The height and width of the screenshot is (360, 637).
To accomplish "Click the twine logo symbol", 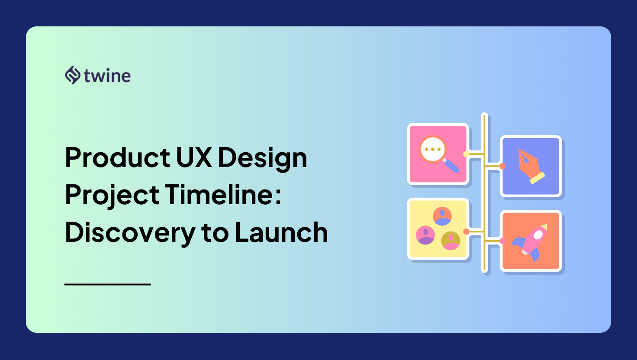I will (73, 75).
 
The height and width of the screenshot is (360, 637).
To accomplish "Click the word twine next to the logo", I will (107, 76).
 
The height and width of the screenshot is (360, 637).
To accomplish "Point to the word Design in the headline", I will (262, 158).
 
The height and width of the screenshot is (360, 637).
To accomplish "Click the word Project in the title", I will (112, 196).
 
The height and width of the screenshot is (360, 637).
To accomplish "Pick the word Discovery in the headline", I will (130, 233).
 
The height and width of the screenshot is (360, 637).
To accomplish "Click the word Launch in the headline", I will (281, 233).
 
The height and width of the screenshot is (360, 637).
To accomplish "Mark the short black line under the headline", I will (107, 284).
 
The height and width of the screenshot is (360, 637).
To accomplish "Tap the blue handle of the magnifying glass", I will (451, 165).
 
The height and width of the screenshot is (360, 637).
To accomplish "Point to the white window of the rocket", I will (537, 235).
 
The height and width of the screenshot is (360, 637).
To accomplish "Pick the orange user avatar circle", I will (442, 216).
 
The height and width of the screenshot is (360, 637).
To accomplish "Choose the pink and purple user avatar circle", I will (425, 235).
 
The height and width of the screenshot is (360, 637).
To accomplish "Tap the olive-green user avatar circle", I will (450, 241).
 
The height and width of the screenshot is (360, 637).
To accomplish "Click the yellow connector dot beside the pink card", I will (466, 154).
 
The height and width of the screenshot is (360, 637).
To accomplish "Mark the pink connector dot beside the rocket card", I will (502, 241).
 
